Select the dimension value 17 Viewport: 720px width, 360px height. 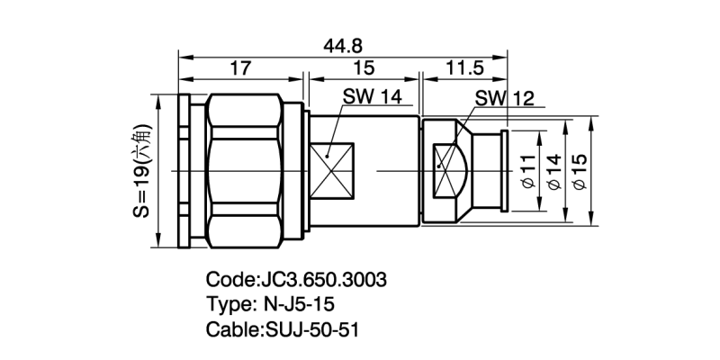[240, 67]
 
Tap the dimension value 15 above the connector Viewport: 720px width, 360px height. [364, 67]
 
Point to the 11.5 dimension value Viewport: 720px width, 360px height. [461, 67]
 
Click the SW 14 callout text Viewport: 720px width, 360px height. [372, 97]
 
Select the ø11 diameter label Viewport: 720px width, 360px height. [528, 168]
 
